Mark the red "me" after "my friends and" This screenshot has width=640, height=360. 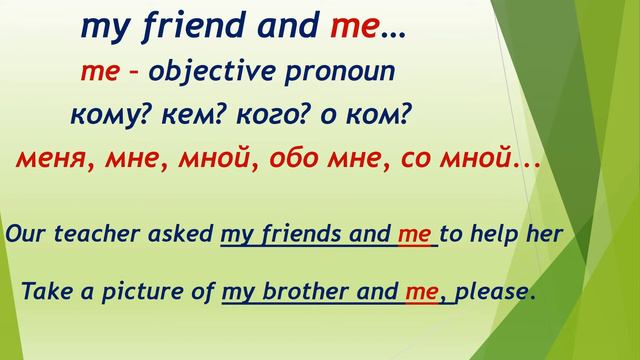pyautogui.click(x=413, y=235)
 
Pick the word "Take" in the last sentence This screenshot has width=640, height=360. pyautogui.click(x=43, y=293)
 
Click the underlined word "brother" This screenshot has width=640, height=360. pyautogui.click(x=300, y=293)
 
